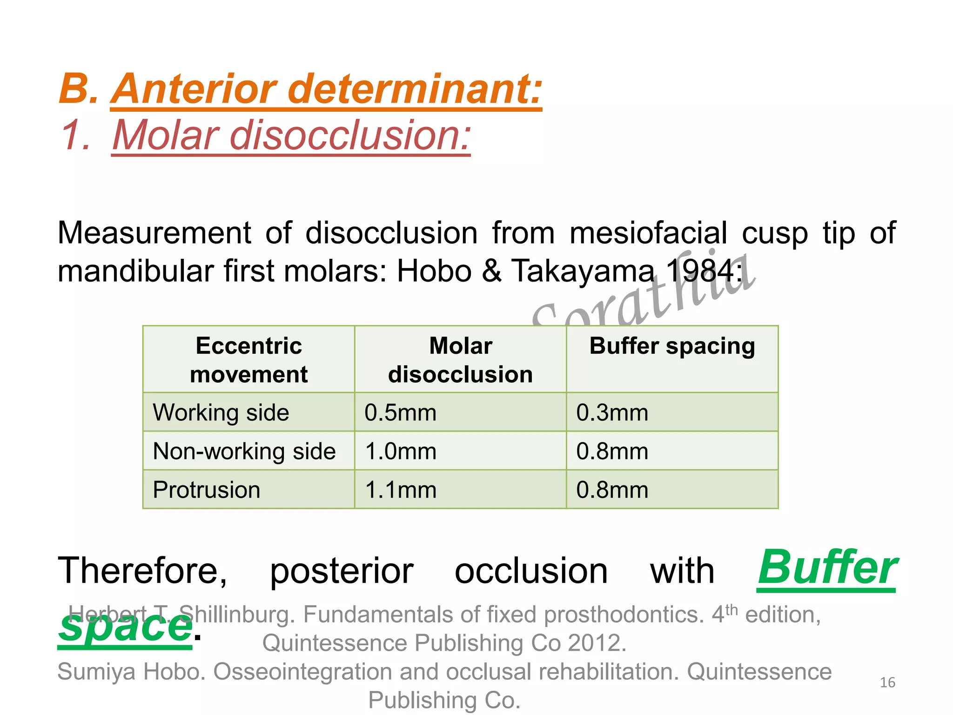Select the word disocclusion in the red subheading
[x=350, y=135]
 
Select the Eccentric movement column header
[x=248, y=359]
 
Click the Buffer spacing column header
[x=672, y=346]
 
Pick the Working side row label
[x=221, y=412]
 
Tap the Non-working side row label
[x=244, y=451]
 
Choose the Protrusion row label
[x=207, y=490]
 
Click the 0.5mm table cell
[x=400, y=412]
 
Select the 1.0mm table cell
[x=400, y=451]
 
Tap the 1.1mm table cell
[x=400, y=490]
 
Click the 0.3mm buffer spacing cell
[x=612, y=412]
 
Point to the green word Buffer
[x=826, y=568]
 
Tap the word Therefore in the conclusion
[x=142, y=571]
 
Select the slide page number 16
[x=887, y=682]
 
